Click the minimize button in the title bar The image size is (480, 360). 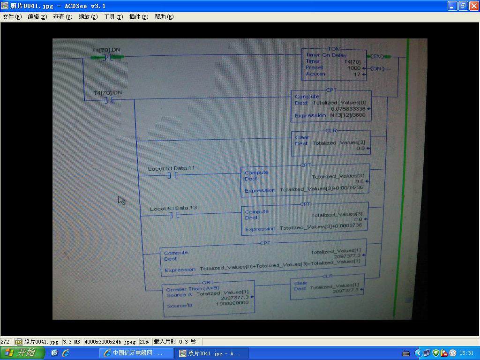[x=452, y=6]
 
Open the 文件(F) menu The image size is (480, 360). [x=12, y=17]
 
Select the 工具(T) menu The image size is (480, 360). [x=113, y=17]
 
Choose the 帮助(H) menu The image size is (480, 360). [x=164, y=17]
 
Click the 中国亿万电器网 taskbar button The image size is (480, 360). [x=134, y=353]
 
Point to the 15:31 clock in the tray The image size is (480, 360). [x=466, y=353]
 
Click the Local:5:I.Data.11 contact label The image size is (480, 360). [x=171, y=168]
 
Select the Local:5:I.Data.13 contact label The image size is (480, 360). [x=173, y=208]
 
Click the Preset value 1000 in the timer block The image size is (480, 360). [x=354, y=68]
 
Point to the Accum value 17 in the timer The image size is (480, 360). [x=357, y=74]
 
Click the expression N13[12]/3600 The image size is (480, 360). [x=348, y=115]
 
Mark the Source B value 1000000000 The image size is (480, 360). [x=232, y=303]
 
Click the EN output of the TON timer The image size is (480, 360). [x=377, y=57]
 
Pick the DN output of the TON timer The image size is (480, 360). [x=377, y=69]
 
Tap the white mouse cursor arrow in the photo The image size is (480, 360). [x=121, y=200]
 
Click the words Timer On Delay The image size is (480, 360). [x=326, y=55]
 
